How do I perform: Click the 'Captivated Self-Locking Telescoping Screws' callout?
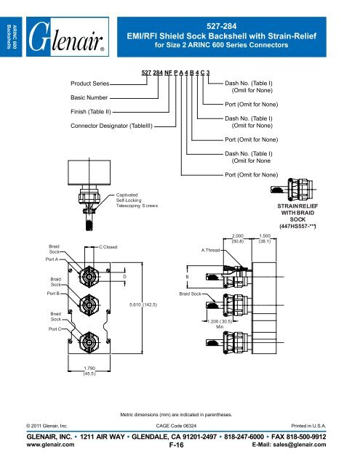pyautogui.click(x=137, y=201)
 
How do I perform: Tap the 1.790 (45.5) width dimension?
pyautogui.click(x=87, y=372)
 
